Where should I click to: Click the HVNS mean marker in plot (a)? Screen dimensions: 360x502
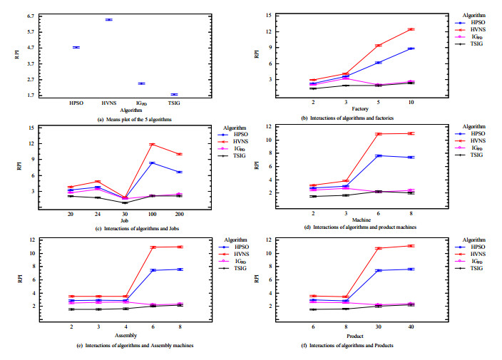(108, 20)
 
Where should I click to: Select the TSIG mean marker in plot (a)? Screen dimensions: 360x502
(173, 94)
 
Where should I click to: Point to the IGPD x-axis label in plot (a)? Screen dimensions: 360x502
(140, 103)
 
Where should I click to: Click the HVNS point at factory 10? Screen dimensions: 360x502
(411, 29)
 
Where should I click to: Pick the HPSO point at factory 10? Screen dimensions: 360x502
(411, 48)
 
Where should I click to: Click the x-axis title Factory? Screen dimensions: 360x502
(361, 109)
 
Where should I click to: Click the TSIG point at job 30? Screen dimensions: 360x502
(125, 202)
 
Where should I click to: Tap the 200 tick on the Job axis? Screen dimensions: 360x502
(179, 214)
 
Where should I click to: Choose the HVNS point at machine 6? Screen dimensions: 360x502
(379, 134)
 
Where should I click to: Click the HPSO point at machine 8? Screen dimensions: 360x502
(411, 158)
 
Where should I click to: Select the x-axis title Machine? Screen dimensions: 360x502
(361, 220)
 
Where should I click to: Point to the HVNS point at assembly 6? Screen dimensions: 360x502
(153, 247)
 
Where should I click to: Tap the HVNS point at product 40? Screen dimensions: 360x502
(411, 246)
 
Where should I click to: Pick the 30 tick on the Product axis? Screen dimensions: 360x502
(379, 326)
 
